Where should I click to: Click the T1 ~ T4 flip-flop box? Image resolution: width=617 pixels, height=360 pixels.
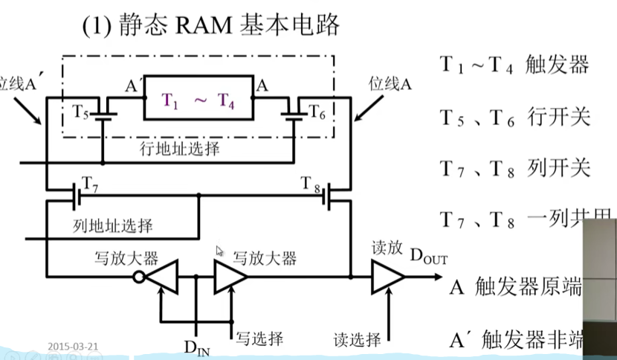[x=200, y=103]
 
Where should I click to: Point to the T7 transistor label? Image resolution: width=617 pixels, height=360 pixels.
[x=87, y=184]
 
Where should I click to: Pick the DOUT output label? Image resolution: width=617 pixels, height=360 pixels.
[x=429, y=257]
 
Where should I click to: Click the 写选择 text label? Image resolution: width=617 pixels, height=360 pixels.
[x=259, y=339]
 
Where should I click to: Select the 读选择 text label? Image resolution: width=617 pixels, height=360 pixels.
[x=357, y=340]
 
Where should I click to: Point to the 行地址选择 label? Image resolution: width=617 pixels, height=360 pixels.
[x=180, y=148]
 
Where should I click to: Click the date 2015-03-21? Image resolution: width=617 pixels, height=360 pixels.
[x=73, y=347]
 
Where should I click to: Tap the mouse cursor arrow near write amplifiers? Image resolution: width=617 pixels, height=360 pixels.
[x=219, y=252]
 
